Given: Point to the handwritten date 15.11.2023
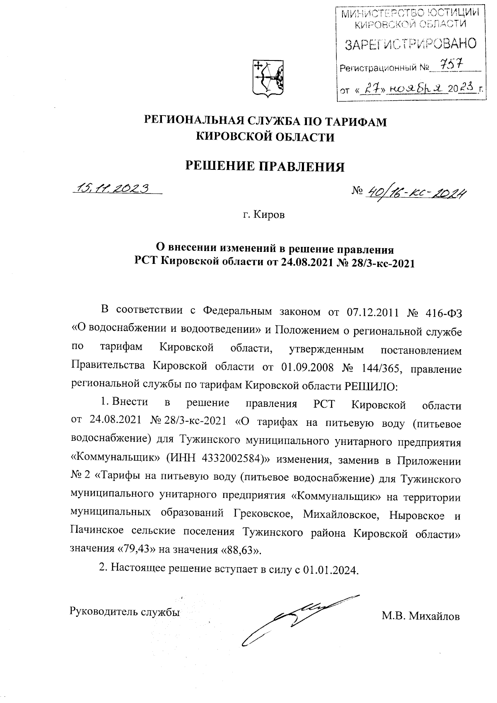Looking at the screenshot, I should [x=111, y=188].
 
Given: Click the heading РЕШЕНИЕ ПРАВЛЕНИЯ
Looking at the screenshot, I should [x=265, y=166].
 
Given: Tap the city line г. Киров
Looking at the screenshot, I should [x=263, y=215].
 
